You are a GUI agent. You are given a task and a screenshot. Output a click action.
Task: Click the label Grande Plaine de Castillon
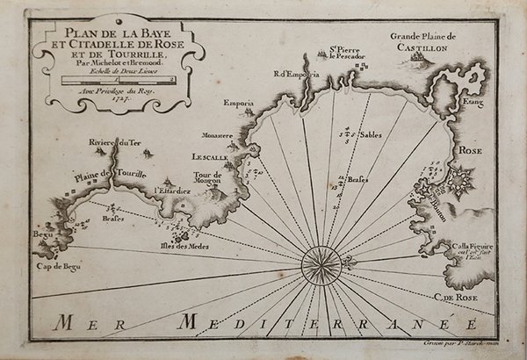pyautogui.click(x=422, y=41)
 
